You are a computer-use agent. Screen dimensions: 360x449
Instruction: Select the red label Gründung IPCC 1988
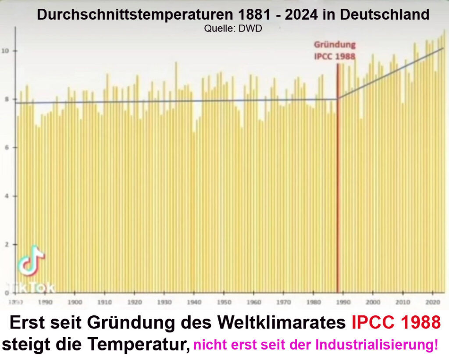click(335, 50)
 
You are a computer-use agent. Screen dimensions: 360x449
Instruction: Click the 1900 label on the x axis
click(75, 302)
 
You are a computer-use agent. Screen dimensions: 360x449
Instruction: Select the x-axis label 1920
click(134, 302)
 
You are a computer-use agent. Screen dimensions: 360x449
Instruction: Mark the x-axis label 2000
click(373, 302)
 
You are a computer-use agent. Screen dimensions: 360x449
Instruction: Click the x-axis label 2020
click(433, 302)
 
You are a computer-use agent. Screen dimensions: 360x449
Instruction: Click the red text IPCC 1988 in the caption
click(396, 324)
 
